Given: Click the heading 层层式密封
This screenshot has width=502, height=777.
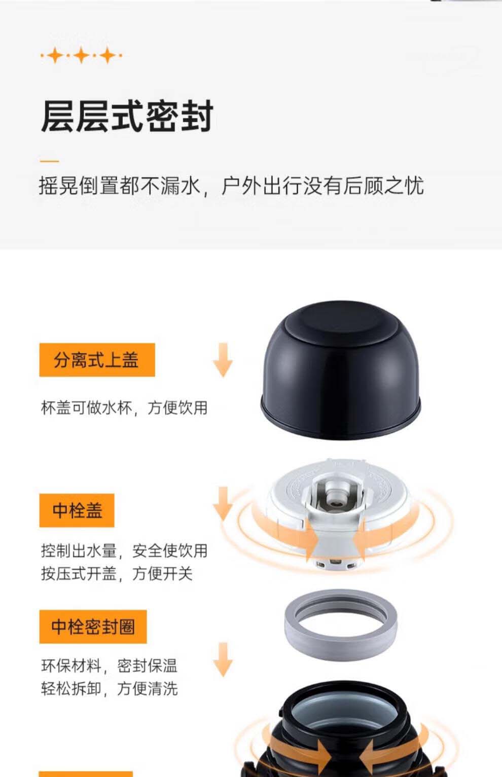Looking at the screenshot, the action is pyautogui.click(x=127, y=116).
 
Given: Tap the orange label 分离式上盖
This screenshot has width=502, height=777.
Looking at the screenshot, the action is pyautogui.click(x=97, y=360).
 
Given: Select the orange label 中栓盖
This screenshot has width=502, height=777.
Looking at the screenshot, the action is pyautogui.click(x=77, y=510).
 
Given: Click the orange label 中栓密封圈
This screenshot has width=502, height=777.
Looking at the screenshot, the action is pyautogui.click(x=93, y=626).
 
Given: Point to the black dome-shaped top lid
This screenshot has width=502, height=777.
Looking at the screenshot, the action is pyautogui.click(x=341, y=370).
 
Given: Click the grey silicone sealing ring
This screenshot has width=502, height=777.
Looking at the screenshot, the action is pyautogui.click(x=341, y=624).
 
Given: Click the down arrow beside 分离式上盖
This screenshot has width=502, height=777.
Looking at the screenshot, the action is pyautogui.click(x=223, y=360).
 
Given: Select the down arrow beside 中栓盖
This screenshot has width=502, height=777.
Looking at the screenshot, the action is pyautogui.click(x=223, y=504).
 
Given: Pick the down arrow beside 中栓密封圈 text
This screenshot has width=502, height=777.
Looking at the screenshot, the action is pyautogui.click(x=223, y=659).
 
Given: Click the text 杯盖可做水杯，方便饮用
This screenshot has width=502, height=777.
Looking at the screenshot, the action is pyautogui.click(x=124, y=408).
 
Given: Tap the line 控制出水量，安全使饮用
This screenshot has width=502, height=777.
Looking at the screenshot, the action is pyautogui.click(x=124, y=550).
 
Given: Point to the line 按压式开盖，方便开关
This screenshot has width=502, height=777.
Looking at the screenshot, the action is pyautogui.click(x=117, y=573).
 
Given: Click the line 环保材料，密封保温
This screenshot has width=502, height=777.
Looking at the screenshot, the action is pyautogui.click(x=109, y=665).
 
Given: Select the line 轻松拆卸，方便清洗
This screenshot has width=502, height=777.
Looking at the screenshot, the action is pyautogui.click(x=109, y=688).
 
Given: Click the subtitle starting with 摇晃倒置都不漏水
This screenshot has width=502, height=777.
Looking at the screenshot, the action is pyautogui.click(x=231, y=186).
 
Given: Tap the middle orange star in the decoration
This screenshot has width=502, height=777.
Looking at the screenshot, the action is pyautogui.click(x=82, y=55).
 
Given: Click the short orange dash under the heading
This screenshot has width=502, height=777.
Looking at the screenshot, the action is pyautogui.click(x=49, y=161).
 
